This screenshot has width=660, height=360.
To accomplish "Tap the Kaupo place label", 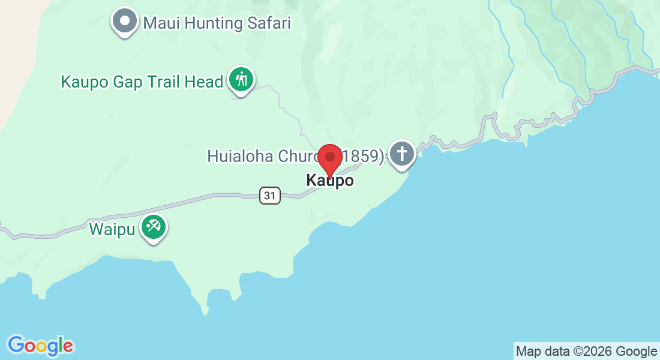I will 329,180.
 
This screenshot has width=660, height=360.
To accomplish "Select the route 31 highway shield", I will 271,195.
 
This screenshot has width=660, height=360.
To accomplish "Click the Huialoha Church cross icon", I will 401,154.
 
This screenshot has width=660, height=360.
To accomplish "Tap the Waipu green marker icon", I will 154,227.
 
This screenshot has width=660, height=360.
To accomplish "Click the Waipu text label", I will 112,229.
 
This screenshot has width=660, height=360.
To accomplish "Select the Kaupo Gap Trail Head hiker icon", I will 242,79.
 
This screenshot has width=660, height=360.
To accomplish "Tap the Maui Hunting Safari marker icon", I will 125,20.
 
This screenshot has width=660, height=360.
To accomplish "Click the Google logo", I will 41,346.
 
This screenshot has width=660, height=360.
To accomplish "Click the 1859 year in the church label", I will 364,156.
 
